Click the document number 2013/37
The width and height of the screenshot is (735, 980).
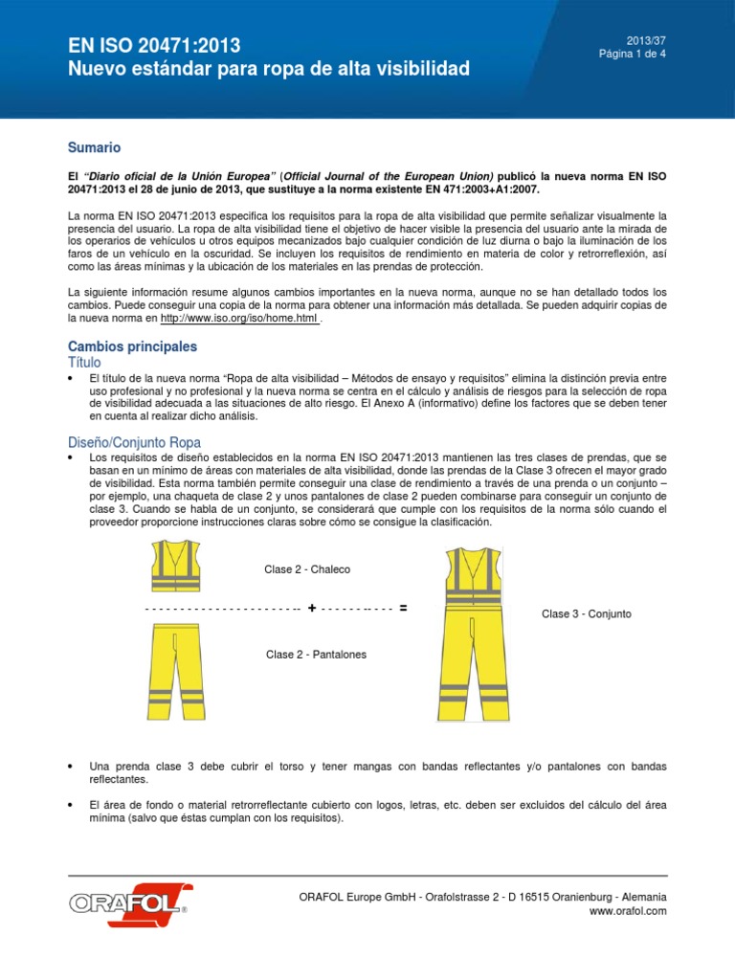coord(646,40)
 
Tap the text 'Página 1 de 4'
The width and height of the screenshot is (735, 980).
coord(632,55)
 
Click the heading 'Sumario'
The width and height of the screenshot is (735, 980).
coord(94,148)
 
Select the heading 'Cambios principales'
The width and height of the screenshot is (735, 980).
coord(132,345)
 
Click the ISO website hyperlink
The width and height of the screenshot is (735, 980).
coord(239,318)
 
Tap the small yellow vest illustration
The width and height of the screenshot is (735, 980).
coord(175,567)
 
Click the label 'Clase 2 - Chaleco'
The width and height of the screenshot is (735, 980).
coord(307,569)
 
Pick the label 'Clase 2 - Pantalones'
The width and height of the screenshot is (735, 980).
coord(316,655)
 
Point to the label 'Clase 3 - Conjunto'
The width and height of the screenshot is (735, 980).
coord(586,613)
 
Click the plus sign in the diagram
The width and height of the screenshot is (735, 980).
coord(312,609)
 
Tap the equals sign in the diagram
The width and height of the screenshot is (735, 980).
coord(403,609)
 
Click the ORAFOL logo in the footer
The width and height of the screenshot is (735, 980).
coord(130,902)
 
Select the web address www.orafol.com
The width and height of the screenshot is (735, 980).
coord(629,911)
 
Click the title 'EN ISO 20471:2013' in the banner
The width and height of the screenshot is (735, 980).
coord(153,45)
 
